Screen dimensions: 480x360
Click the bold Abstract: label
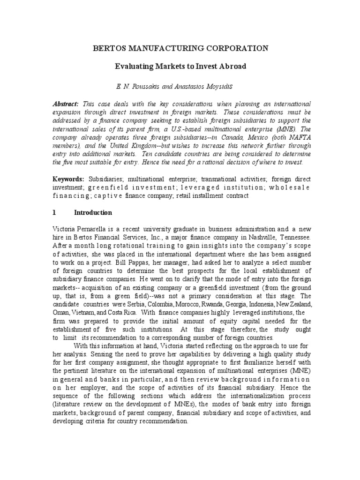tap(65, 103)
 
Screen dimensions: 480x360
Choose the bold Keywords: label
tap(68, 180)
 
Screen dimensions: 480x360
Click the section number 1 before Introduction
tap(54, 212)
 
